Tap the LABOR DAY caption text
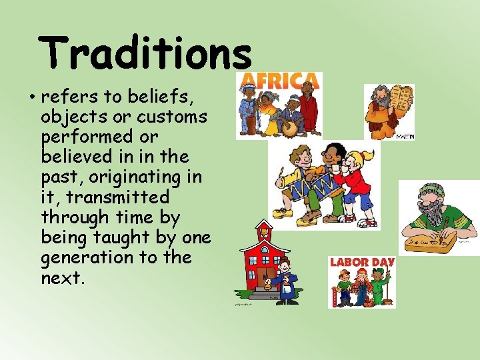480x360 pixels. pos(362,262)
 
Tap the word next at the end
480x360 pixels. pos(62,277)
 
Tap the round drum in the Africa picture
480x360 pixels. pos(288,127)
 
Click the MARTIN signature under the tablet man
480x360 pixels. pos(405,137)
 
